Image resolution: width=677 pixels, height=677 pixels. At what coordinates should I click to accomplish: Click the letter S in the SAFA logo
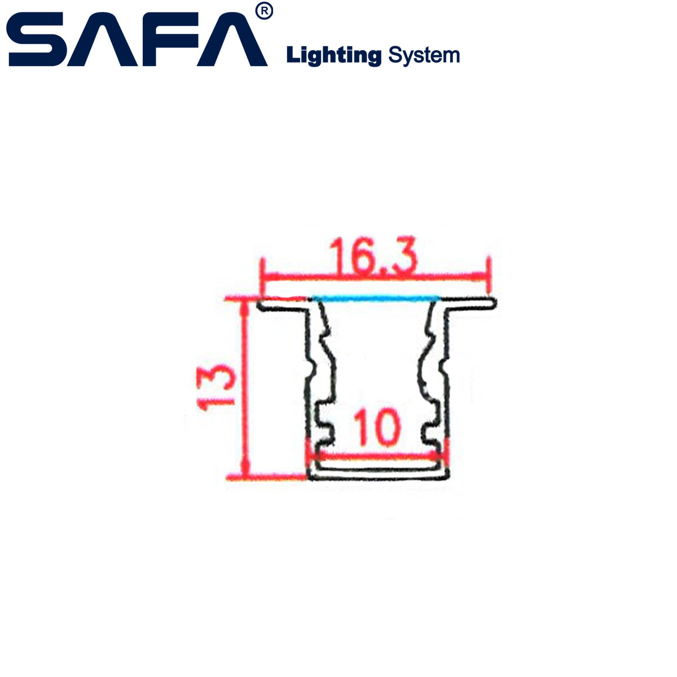pyautogui.click(x=36, y=39)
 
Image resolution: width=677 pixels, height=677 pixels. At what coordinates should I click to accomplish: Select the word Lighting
pyautogui.click(x=334, y=55)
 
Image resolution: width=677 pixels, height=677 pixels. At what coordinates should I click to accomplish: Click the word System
pyautogui.click(x=424, y=55)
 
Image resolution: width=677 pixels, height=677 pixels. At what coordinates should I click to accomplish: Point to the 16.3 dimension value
pyautogui.click(x=373, y=255)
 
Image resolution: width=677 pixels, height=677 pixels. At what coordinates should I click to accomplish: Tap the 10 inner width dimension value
pyautogui.click(x=377, y=427)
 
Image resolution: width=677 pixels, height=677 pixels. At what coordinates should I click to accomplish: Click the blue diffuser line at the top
pyautogui.click(x=376, y=299)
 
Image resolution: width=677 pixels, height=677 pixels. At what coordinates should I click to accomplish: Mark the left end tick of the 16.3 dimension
pyautogui.click(x=262, y=276)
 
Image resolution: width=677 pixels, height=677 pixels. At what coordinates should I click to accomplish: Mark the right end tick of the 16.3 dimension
pyautogui.click(x=489, y=275)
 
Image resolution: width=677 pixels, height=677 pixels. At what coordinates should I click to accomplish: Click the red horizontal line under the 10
pyautogui.click(x=377, y=456)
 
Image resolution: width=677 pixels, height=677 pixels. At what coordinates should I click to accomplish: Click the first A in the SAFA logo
pyautogui.click(x=102, y=39)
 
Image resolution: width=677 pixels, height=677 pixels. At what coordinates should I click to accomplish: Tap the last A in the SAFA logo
pyautogui.click(x=232, y=39)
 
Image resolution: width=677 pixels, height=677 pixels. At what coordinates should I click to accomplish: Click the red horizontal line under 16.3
pyautogui.click(x=375, y=276)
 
